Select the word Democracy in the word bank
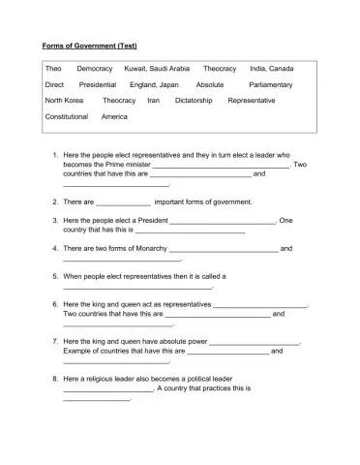coord(95,70)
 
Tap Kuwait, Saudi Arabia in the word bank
coord(158,70)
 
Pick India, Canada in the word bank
coord(272,70)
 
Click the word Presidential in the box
coord(97,85)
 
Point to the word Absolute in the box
coord(210,85)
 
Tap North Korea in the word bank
coord(65,101)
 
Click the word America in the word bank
coord(114,116)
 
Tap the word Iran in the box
coord(153,101)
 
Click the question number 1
coord(52,155)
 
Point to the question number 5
coord(52,276)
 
